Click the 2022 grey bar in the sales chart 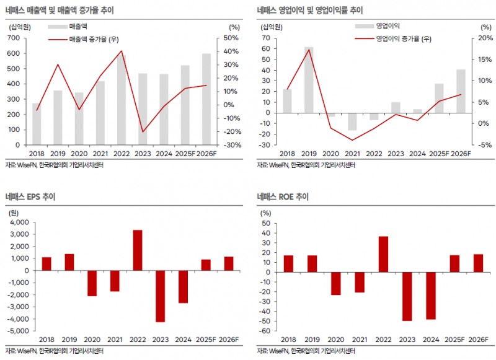coord(122,99)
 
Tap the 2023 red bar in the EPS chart coord(160,296)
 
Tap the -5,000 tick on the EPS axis coord(18,331)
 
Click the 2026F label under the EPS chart coord(228,339)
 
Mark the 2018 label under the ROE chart coord(288,339)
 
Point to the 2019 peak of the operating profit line coord(309,50)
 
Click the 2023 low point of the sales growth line coord(143,132)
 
